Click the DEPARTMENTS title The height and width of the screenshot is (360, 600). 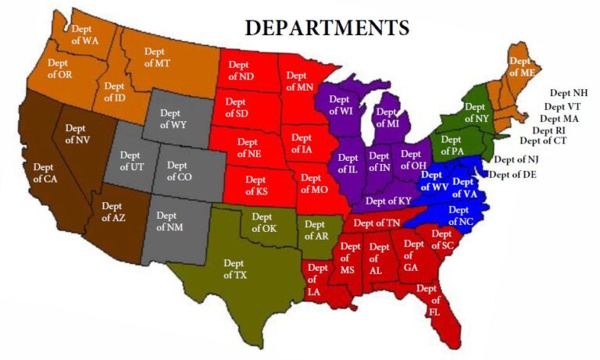coord(327,27)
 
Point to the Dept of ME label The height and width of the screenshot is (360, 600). coord(520,66)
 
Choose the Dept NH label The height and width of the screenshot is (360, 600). coord(568,93)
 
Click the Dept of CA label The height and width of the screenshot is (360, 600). coord(45,172)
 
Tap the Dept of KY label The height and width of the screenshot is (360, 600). coord(388,201)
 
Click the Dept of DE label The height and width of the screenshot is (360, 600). coord(512,174)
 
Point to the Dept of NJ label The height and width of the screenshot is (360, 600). coord(516,159)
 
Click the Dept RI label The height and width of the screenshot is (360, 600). coord(549,130)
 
